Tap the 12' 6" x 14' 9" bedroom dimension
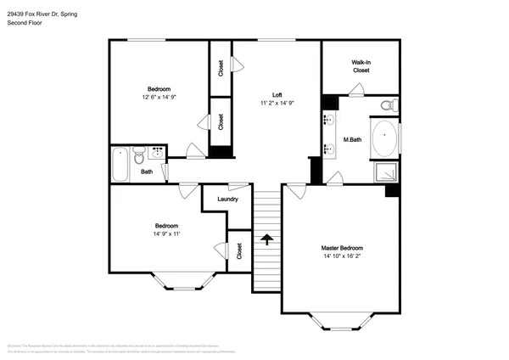click(159, 98)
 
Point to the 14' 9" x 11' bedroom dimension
click(165, 233)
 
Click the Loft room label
click(277, 94)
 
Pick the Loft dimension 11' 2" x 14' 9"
click(277, 103)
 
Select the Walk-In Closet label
click(361, 66)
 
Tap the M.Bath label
click(352, 139)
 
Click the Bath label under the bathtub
click(147, 172)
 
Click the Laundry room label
click(227, 200)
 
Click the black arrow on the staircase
click(267, 239)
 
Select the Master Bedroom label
click(341, 247)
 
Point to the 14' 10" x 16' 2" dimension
click(341, 256)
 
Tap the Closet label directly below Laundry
click(239, 250)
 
